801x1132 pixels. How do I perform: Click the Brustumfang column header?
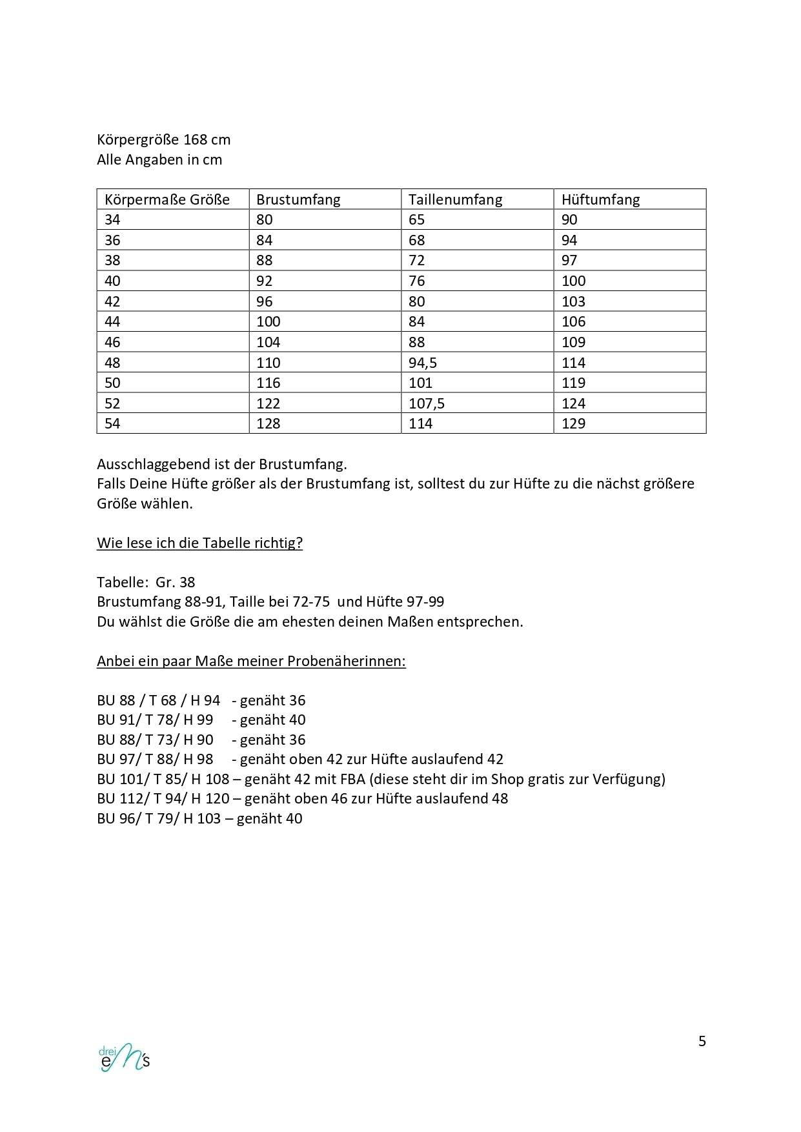tap(298, 199)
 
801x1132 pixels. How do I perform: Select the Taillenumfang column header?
tap(455, 199)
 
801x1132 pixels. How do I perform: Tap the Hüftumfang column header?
tap(600, 199)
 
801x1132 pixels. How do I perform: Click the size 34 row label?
tap(112, 219)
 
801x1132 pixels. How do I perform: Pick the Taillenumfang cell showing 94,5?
tap(423, 363)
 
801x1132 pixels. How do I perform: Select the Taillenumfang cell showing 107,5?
tap(427, 403)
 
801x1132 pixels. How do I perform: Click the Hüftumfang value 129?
tap(573, 423)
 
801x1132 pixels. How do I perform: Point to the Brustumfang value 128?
tap(268, 423)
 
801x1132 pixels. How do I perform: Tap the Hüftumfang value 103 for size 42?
tap(573, 301)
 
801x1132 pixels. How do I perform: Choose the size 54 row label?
tap(112, 423)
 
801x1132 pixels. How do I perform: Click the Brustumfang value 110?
tap(268, 363)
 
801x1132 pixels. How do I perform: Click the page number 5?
tap(702, 1041)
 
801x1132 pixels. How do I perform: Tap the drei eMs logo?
tap(125, 1057)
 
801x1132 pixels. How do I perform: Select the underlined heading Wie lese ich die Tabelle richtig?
tap(199, 543)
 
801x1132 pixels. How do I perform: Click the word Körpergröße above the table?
tap(137, 139)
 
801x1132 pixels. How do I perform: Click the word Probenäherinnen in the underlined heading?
tap(346, 661)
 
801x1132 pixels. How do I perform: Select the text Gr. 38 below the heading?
tap(175, 582)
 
